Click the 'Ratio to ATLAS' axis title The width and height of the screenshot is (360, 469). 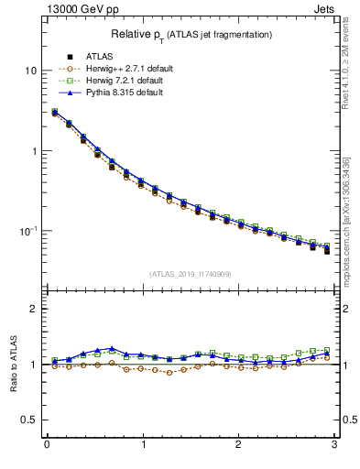tap(14, 364)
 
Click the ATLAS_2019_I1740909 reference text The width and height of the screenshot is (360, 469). tap(190, 274)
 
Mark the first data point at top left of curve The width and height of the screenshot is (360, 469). tap(54, 113)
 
